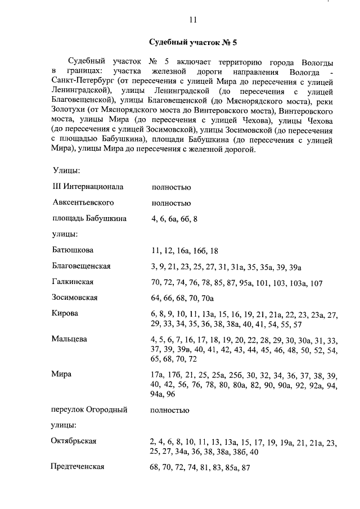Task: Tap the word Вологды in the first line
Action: (x=318, y=60)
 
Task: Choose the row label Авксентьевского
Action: (x=83, y=202)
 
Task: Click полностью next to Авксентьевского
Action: (x=170, y=203)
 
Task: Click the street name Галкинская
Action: (x=73, y=281)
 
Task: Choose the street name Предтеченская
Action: (x=78, y=467)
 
